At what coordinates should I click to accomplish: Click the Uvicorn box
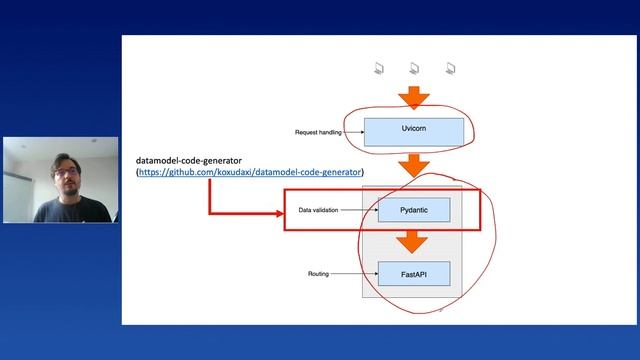[x=413, y=131]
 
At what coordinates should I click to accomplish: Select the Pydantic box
[x=413, y=210]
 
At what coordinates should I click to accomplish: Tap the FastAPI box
[x=413, y=272]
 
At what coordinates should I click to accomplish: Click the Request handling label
[x=319, y=132]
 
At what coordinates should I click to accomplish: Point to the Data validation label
[x=319, y=210]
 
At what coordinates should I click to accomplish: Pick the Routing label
[x=319, y=272]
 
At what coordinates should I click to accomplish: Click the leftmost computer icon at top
[x=380, y=69]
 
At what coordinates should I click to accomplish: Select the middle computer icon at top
[x=414, y=69]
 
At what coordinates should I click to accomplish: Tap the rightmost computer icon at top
[x=451, y=69]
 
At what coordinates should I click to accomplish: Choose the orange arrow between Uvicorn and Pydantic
[x=413, y=165]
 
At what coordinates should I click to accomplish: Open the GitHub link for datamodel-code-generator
[x=250, y=173]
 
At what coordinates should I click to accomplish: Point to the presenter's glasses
[x=66, y=172]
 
